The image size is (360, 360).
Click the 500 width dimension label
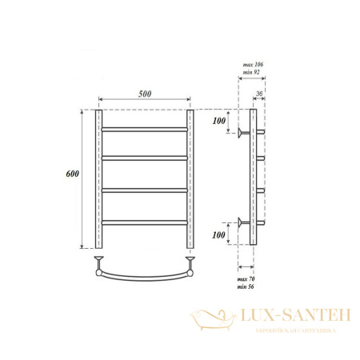point(145,93)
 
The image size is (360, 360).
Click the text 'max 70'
point(250,275)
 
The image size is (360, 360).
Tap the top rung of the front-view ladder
point(144,127)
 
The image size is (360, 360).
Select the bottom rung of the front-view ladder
point(144,220)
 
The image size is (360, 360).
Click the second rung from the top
point(144,158)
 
